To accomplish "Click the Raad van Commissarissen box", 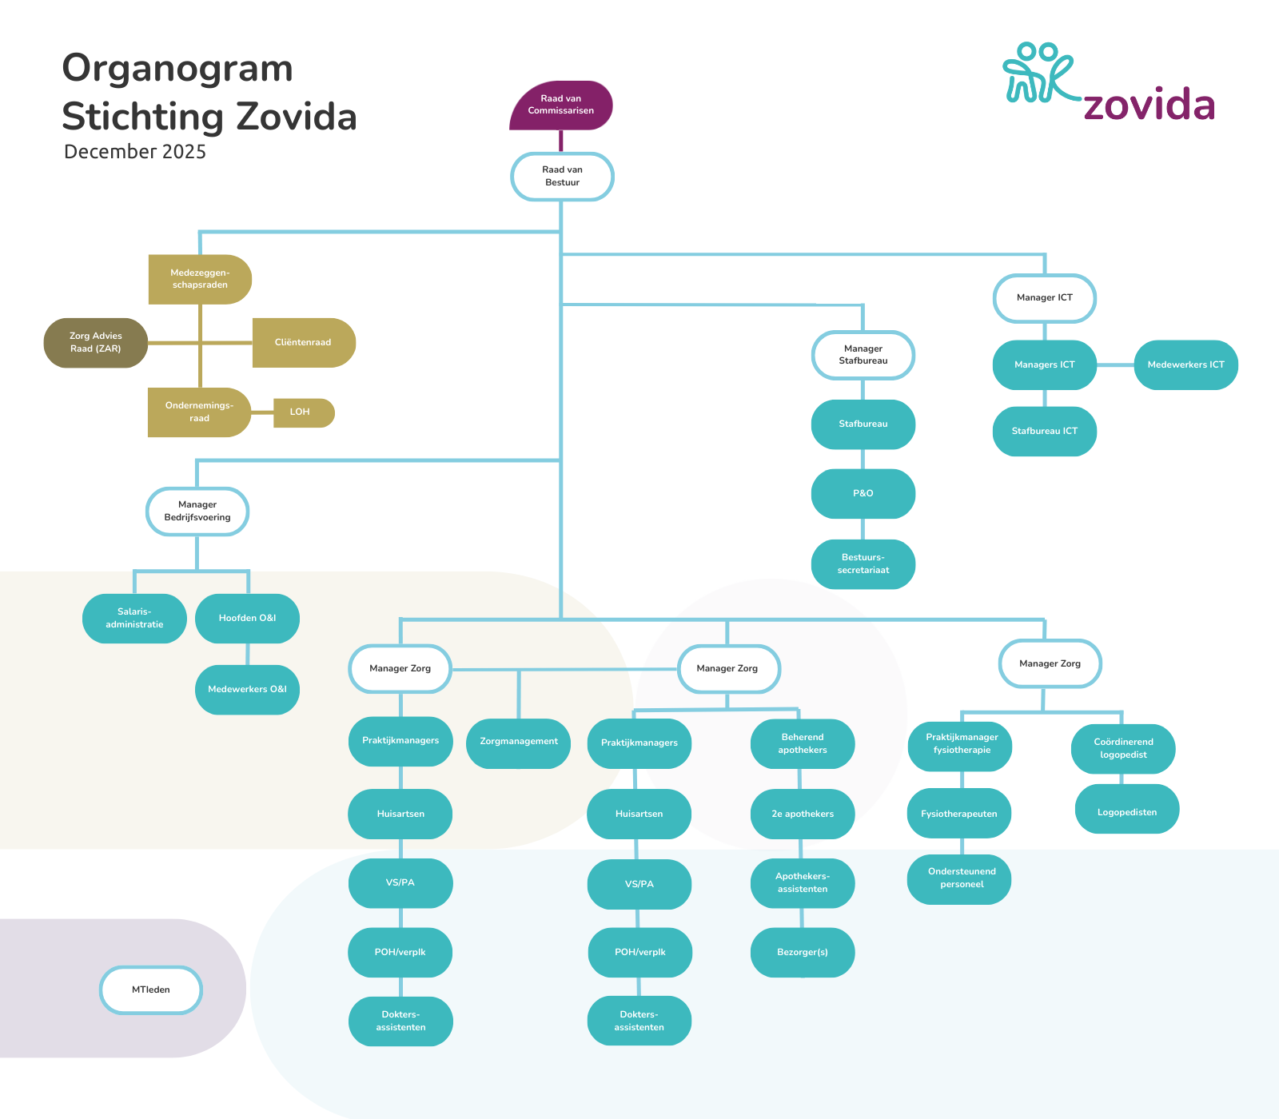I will point(561,105).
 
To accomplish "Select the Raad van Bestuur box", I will point(562,176).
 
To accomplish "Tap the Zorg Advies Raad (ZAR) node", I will point(96,343).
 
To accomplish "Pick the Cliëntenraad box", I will point(303,343).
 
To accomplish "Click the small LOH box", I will point(301,412).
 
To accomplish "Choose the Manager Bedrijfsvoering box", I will point(197,512).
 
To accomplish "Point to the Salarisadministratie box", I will point(134,619).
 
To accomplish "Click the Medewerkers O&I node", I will point(247,690).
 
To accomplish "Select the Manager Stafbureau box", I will point(863,355).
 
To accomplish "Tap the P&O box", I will point(863,494).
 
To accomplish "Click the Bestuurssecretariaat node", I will point(863,564).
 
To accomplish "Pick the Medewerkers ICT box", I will point(1185,365).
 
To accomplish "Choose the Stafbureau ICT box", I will point(1045,432).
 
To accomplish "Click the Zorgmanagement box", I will point(519,743).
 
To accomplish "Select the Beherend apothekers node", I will point(803,744).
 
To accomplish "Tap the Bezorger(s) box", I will point(803,953).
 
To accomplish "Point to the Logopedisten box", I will point(1127,813).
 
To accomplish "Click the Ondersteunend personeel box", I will point(962,878).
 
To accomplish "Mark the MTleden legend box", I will point(151,990).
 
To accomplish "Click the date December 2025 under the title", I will point(135,152).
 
